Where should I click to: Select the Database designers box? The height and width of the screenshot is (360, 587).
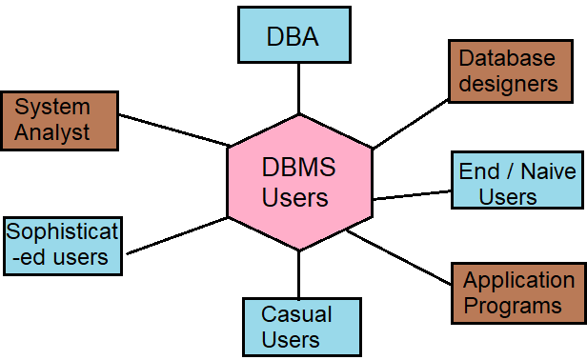[508, 71]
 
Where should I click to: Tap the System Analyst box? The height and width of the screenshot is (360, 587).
[59, 120]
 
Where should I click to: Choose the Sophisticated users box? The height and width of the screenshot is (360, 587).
[63, 245]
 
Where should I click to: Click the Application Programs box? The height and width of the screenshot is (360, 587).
[518, 292]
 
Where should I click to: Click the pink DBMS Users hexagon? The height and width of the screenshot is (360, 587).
[299, 183]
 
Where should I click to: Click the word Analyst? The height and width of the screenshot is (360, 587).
[52, 132]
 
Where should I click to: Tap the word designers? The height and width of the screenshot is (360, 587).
[508, 84]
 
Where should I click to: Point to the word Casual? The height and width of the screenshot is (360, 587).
[296, 314]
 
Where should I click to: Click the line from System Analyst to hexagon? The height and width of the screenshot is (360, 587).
[173, 130]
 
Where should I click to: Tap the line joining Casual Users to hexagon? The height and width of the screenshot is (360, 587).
[299, 274]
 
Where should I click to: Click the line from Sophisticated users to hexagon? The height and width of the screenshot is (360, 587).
[176, 235]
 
